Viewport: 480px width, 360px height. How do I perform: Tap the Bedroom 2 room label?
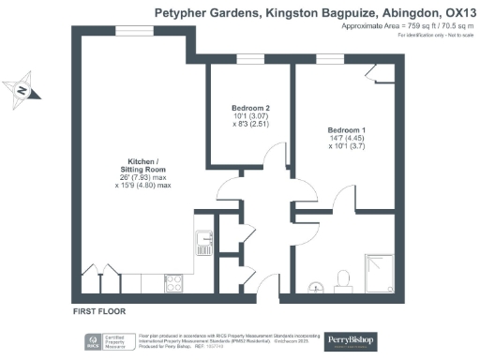click(x=250, y=107)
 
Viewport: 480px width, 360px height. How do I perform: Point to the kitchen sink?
click(x=203, y=246)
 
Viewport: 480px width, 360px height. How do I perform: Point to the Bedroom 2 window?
click(x=250, y=61)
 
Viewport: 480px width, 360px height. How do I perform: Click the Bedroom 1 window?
click(x=329, y=61)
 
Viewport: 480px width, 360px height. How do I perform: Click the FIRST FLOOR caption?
click(x=98, y=309)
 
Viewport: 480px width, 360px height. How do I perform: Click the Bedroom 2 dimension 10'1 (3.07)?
click(x=250, y=115)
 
